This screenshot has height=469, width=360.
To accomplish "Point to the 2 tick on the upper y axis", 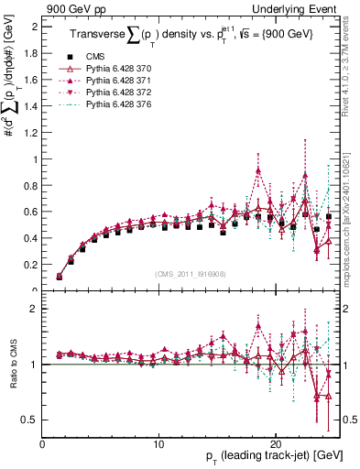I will [x=34, y=27].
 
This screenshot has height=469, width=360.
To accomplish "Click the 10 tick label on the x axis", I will [x=159, y=443].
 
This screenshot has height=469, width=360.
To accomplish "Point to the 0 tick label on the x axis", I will [x=43, y=443].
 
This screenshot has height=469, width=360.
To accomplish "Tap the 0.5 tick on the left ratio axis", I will [x=31, y=420].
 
